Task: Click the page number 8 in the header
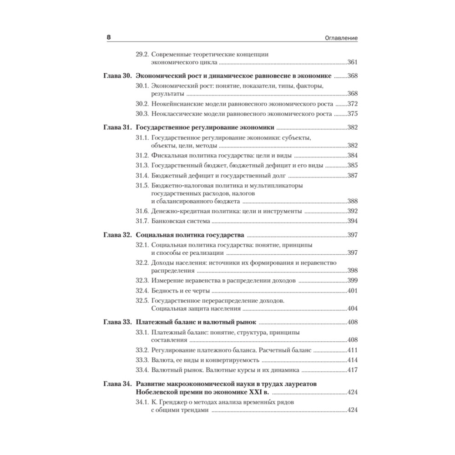tap(109, 37)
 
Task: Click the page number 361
tap(353, 63)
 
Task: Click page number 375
tap(353, 114)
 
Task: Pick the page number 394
tap(353, 222)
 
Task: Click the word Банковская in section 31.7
tap(168, 222)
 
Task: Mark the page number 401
tap(353, 291)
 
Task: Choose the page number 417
tap(353, 370)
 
